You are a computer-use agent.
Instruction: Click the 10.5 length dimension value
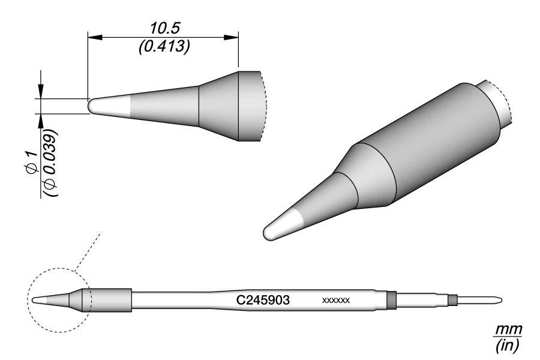164,28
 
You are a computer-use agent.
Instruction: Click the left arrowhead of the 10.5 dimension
94,37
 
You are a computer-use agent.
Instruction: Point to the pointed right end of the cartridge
499,299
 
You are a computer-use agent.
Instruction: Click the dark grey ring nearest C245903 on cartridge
392,299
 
